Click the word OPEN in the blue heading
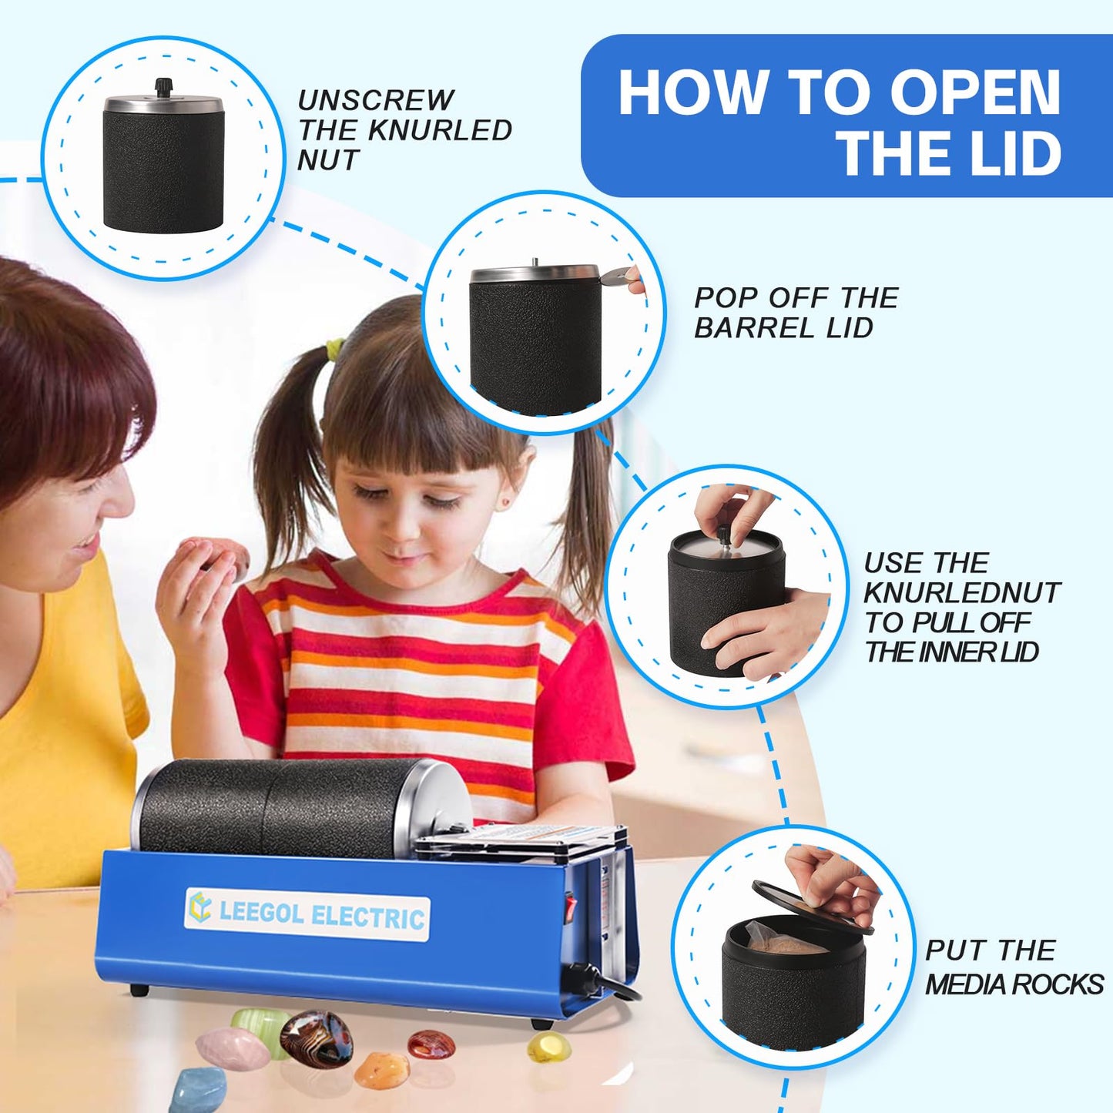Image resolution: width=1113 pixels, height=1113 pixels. [x=975, y=92]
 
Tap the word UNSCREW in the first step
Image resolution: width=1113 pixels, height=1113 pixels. [x=376, y=100]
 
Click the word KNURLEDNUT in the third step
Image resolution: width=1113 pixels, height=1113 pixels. [x=962, y=592]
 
